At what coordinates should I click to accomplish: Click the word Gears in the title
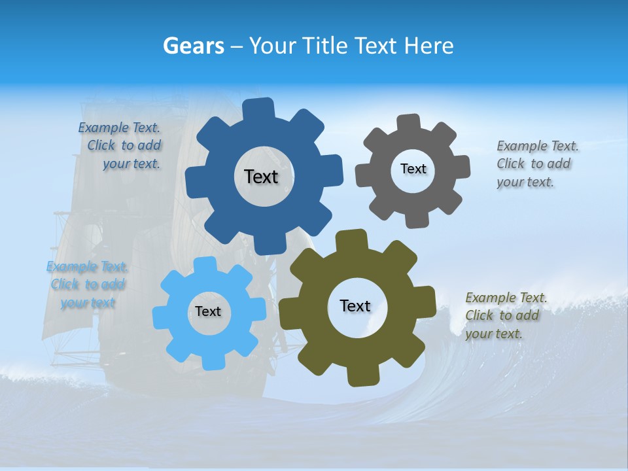[194, 46]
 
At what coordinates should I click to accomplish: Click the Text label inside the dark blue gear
[261, 177]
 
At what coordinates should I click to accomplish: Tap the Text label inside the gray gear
[413, 169]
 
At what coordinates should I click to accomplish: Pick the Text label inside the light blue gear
[208, 311]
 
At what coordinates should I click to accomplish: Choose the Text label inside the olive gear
[355, 305]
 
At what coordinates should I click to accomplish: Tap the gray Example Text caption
[536, 164]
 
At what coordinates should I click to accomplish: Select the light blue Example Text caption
[87, 285]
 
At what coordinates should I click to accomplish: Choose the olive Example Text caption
[505, 315]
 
